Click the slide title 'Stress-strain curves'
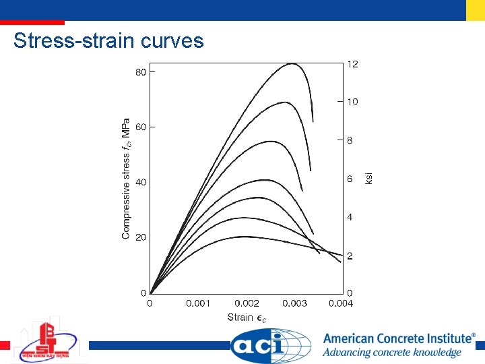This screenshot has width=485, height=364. tap(108, 41)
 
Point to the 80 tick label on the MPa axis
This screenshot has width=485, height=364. tap(141, 71)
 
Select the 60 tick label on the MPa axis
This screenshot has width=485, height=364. tap(141, 127)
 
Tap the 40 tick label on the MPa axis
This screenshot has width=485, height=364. tap(141, 182)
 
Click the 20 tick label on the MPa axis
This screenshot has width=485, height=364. tap(141, 237)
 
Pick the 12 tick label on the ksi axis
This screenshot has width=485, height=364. tap(352, 64)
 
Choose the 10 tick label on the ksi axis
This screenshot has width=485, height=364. tap(352, 102)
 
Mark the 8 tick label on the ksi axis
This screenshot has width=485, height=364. tap(350, 140)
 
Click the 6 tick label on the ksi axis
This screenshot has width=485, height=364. tap(350, 179)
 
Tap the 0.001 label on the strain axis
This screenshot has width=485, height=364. tap(198, 304)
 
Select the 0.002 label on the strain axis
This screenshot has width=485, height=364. tap(247, 304)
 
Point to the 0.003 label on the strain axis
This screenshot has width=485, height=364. tap(294, 304)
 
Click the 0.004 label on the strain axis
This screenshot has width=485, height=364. tap(341, 304)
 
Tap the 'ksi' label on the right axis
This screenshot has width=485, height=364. tap(368, 179)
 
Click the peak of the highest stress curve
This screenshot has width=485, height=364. tap(292, 64)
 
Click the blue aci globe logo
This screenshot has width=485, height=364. tap(271, 346)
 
